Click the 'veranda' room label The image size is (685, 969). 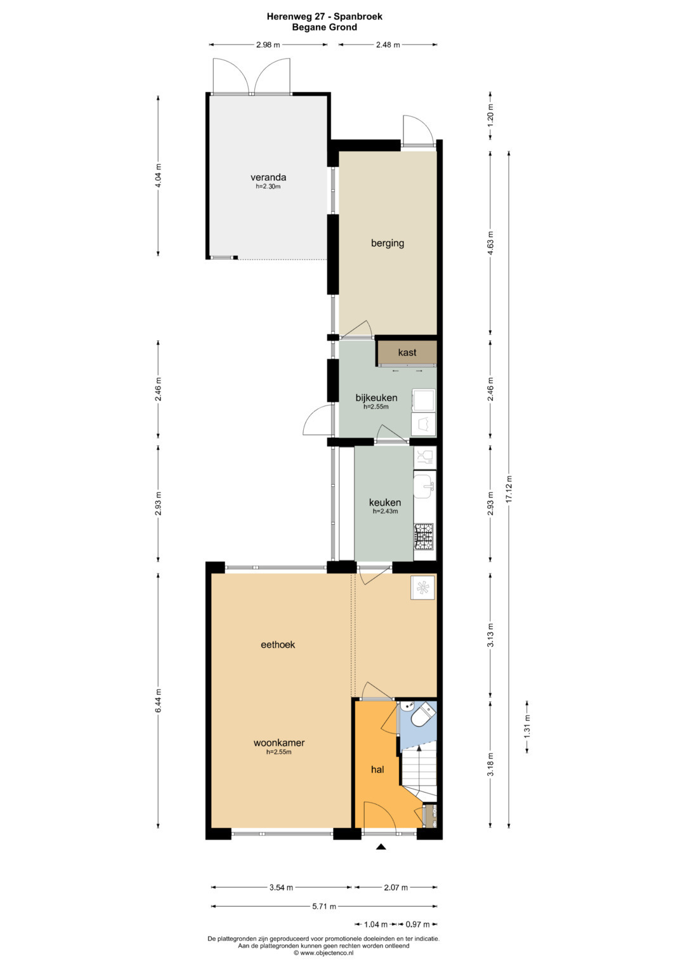click(x=268, y=177)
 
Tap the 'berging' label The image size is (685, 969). click(x=388, y=243)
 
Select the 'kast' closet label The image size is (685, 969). click(x=407, y=352)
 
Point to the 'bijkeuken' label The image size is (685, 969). click(x=376, y=397)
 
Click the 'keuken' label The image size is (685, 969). click(x=385, y=502)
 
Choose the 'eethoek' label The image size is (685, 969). click(x=278, y=645)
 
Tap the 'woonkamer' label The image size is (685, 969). click(x=279, y=742)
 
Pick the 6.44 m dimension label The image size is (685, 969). click(x=159, y=701)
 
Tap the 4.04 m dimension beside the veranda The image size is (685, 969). click(x=159, y=176)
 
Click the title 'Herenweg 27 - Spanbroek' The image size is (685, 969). click(x=324, y=17)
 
